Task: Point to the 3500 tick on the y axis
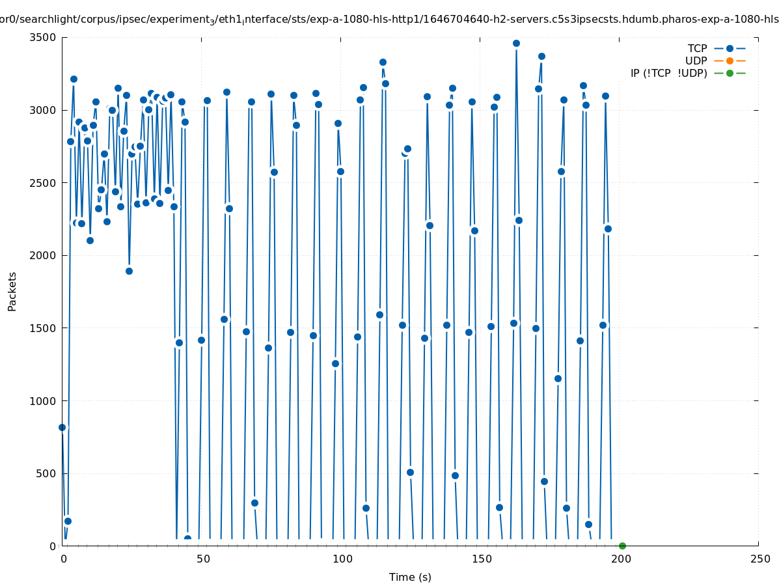pos(43,37)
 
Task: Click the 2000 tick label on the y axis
pos(43,255)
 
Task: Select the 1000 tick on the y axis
pos(43,400)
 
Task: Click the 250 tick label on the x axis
pos(759,559)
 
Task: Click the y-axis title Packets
pos(12,291)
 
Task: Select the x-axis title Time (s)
pos(410,577)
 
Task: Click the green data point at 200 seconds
pos(622,546)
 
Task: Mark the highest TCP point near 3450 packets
pos(516,43)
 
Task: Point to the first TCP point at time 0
pos(62,427)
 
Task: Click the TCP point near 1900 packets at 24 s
pos(129,271)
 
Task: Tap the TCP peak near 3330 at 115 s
pos(383,62)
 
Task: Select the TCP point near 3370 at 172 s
pos(541,56)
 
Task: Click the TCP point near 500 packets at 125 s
pos(410,472)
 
